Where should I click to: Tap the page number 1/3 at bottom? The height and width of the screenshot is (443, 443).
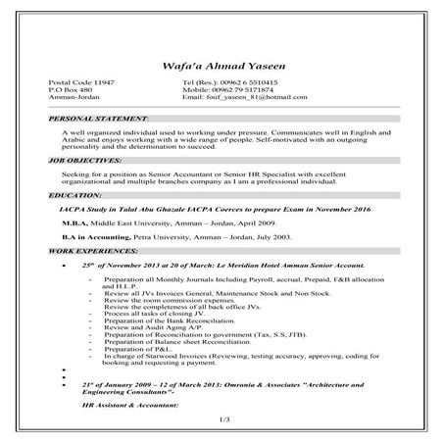tap(221, 419)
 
